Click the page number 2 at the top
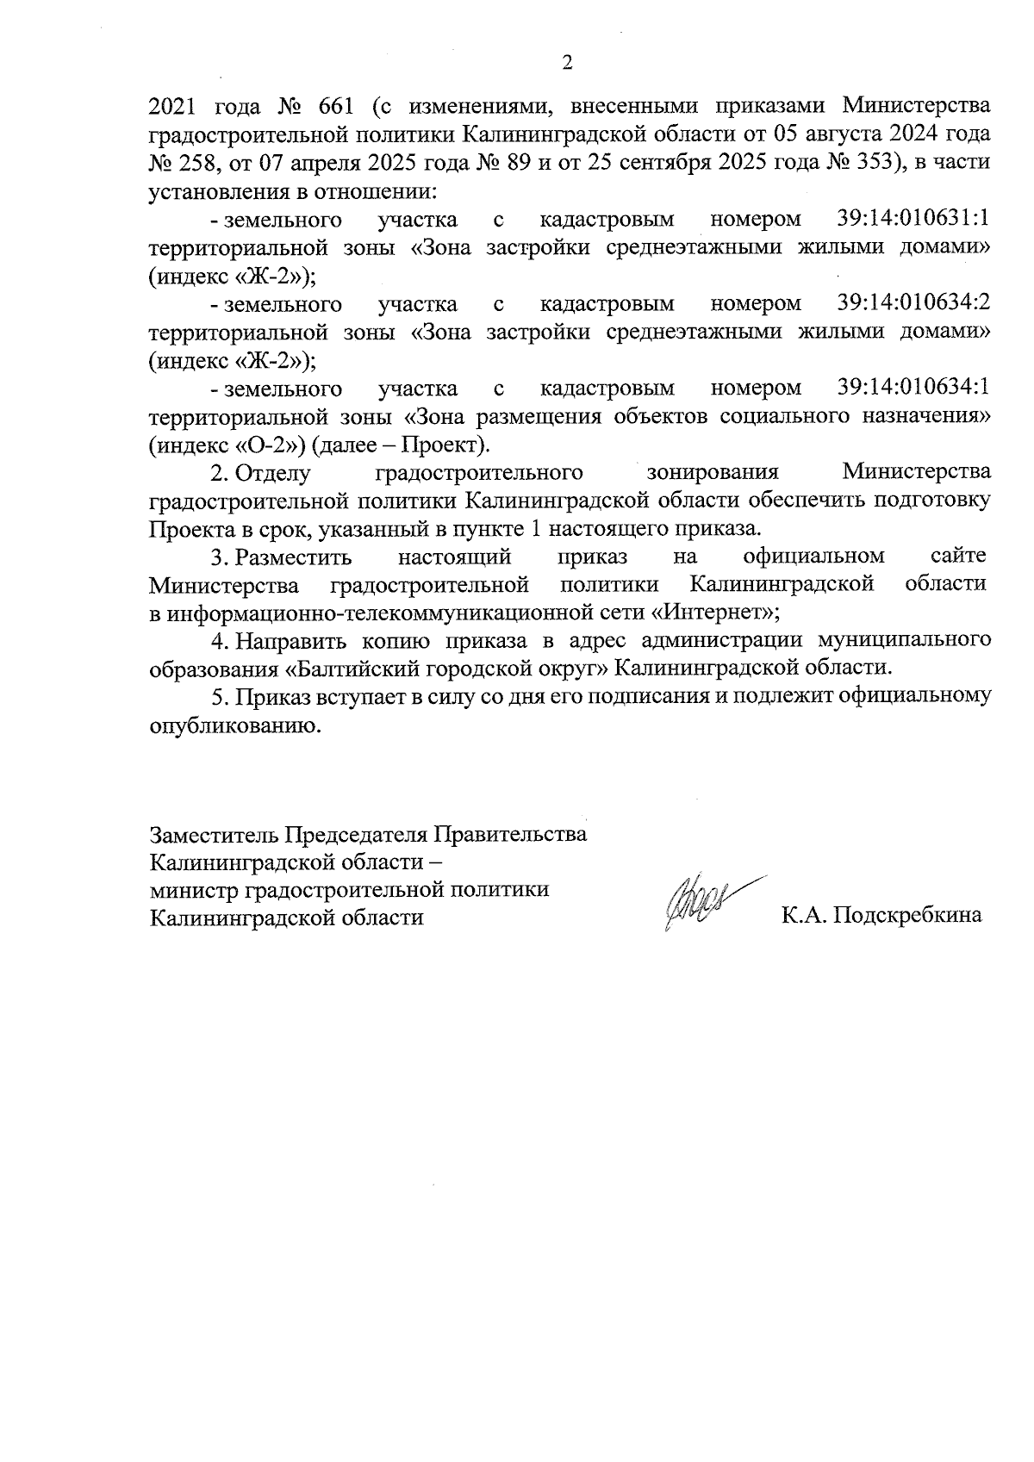point(566,63)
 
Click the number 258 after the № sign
point(202,163)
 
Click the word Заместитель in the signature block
point(215,835)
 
